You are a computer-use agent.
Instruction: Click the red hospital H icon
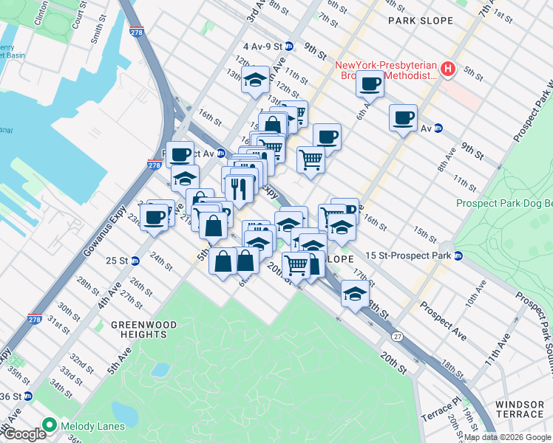[x=447, y=70]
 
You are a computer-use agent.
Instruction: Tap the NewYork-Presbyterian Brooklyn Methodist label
[x=387, y=71]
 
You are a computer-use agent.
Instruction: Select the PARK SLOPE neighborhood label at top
[x=421, y=21]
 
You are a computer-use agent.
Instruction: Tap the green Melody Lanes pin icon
[x=50, y=425]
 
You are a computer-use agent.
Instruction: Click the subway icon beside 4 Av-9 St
[x=289, y=46]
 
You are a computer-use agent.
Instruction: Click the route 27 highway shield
[x=397, y=337]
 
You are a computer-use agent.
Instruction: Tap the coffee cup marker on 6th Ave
[x=370, y=84]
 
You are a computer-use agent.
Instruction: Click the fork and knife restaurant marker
[x=237, y=188]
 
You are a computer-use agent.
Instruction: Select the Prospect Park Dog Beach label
[x=504, y=203]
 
